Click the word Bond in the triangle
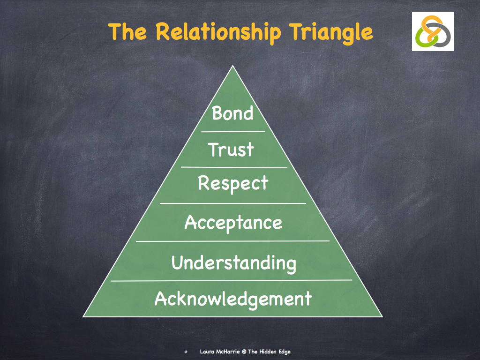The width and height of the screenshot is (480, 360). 232,113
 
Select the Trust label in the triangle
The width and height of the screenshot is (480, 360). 231,150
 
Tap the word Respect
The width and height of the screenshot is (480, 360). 233,183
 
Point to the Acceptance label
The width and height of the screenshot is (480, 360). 233,222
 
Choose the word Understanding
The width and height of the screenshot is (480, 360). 233,262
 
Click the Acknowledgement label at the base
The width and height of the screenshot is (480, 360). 233,299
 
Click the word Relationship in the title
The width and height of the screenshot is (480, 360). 218,32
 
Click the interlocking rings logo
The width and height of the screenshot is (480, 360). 433,31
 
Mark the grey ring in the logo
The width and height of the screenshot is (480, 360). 443,35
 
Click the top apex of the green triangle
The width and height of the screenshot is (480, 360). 232,66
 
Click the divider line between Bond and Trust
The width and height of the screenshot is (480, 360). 233,132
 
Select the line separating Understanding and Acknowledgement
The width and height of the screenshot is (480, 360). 232,280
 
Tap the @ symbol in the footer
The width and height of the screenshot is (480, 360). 244,352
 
